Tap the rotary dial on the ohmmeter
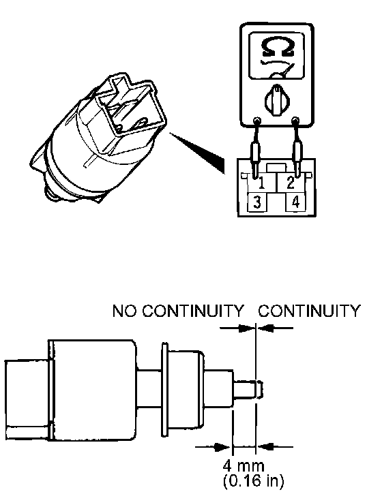pos(277,100)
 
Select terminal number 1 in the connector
pos(261,183)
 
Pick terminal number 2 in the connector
pos(291,183)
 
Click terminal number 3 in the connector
pos(257,202)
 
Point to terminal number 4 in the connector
pos(295,202)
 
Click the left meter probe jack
pos(257,120)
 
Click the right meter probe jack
pos(295,120)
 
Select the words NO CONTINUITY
pos(178,311)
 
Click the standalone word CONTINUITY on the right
pos(309,311)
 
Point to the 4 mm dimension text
pos(244,465)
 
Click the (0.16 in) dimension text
pos(253,480)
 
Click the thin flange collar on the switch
pos(164,390)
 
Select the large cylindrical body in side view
pos(93,390)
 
